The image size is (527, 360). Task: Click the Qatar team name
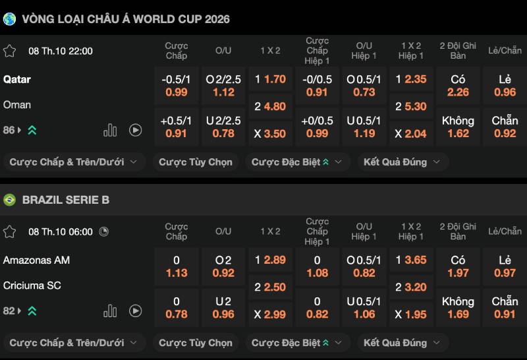17,79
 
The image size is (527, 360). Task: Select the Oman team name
17,105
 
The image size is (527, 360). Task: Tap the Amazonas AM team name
36,260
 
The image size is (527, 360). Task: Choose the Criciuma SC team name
32,285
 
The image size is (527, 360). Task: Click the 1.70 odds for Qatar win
270,79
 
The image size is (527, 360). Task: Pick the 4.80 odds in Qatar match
270,106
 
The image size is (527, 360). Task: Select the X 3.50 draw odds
270,133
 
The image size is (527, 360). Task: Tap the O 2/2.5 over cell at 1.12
223,86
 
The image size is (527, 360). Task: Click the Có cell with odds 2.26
458,86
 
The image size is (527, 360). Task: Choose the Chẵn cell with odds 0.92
505,127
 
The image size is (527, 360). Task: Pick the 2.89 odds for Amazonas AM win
270,260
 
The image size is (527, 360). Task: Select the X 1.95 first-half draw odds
411,315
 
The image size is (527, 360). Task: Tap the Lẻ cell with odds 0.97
505,266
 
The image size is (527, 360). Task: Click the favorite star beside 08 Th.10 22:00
10,51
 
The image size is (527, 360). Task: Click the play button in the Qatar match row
136,130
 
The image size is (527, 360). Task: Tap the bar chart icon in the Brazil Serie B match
110,311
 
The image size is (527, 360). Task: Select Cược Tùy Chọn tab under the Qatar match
195,162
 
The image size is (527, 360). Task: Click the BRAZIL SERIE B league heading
66,200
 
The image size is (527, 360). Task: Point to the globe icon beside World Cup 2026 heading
10,19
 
